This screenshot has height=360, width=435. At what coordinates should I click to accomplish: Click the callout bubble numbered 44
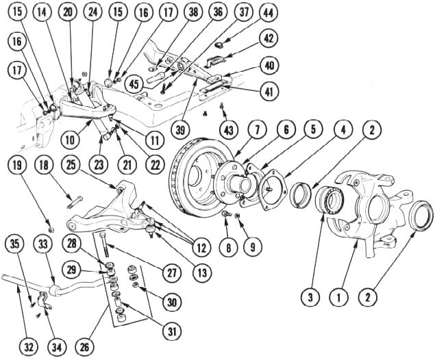[x=269, y=13]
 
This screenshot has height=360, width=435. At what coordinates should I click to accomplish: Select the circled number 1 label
[x=338, y=298]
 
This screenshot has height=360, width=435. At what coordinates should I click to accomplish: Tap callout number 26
[x=85, y=347]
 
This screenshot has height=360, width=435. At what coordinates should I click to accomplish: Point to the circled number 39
[x=180, y=131]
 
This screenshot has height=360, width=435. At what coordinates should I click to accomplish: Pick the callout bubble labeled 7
[x=257, y=130]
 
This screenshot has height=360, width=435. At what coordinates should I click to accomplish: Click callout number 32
[x=29, y=347]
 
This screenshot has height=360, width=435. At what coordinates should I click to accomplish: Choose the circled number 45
[x=134, y=84]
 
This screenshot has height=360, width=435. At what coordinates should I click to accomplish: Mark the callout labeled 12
[x=201, y=248]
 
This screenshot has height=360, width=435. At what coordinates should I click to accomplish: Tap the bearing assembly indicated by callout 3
[x=330, y=201]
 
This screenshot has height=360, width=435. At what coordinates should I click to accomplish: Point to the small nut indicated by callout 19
[x=51, y=229]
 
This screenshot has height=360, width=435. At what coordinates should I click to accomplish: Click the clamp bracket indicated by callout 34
[x=44, y=300]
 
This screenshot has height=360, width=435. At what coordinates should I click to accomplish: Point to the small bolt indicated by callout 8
[x=227, y=214]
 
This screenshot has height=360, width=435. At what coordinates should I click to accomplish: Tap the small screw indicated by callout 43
[x=222, y=106]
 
